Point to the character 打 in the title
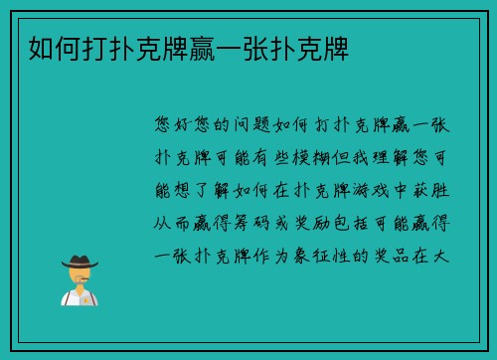[x=94, y=46]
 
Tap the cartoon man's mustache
[x=80, y=278]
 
